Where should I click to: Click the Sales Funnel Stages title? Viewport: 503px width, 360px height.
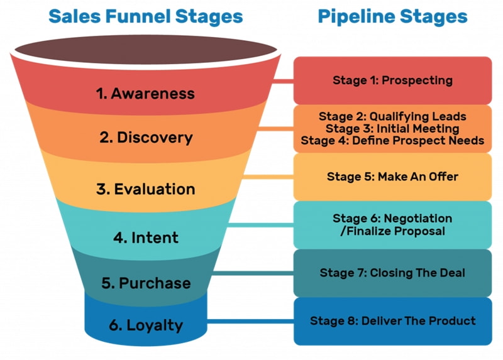(145, 16)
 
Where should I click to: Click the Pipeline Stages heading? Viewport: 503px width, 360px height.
(392, 16)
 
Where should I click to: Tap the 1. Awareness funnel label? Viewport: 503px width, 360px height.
(145, 94)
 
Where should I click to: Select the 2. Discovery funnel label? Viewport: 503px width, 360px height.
(146, 138)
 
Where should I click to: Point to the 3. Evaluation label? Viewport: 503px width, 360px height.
(146, 188)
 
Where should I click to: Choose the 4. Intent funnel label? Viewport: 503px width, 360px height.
(146, 238)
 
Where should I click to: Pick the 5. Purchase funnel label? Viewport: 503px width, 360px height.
(146, 283)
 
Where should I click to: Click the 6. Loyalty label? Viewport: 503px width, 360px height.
(145, 325)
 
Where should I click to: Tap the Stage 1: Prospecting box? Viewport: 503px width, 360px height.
(392, 80)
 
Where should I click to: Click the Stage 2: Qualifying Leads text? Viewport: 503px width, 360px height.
(392, 116)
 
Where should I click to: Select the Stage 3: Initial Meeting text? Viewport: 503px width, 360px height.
(392, 128)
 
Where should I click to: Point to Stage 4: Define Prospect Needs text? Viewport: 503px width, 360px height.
(392, 141)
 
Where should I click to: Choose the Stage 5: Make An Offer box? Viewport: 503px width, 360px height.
(392, 177)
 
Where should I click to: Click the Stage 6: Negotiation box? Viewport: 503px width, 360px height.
(392, 225)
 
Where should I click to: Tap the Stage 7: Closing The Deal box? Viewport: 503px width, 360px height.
(392, 273)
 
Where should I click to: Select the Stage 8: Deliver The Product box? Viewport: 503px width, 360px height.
(392, 321)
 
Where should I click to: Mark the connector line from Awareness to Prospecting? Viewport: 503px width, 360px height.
(284, 80)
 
